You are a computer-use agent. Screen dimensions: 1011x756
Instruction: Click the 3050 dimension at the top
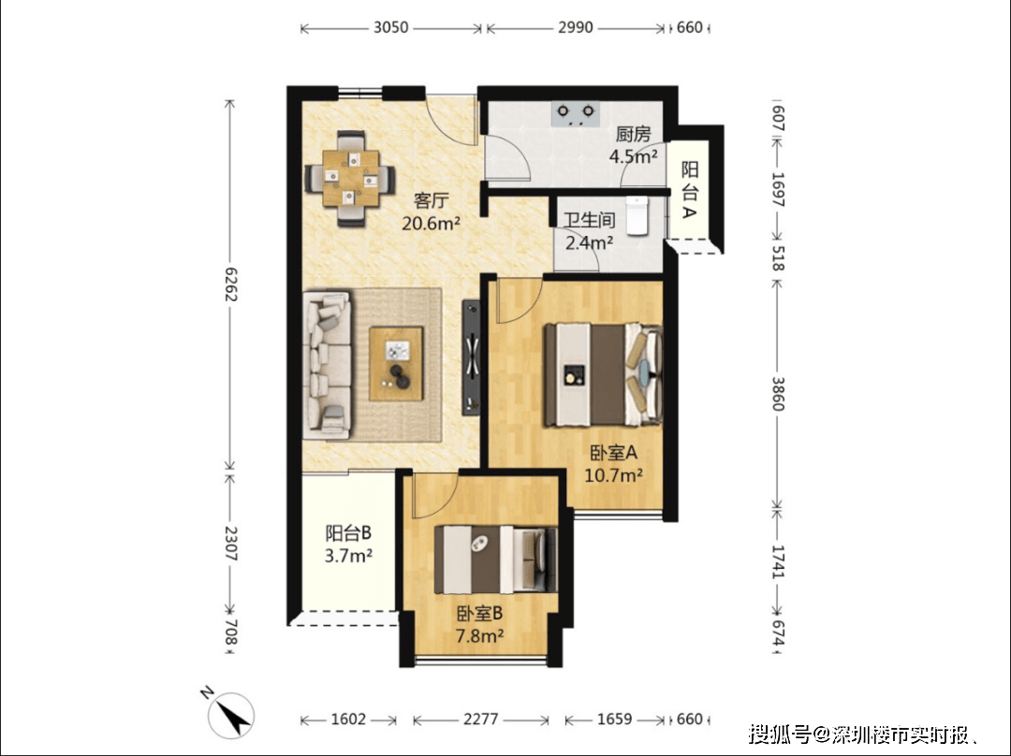tap(391, 28)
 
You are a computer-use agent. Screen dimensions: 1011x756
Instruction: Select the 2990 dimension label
tap(575, 28)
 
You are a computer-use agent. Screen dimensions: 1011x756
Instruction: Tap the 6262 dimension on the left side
tap(229, 284)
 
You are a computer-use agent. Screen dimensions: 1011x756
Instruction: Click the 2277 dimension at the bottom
tap(481, 719)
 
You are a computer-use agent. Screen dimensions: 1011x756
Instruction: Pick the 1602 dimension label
tap(348, 719)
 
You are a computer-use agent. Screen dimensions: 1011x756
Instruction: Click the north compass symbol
tap(229, 714)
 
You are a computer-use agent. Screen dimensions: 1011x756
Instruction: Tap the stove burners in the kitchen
tap(576, 113)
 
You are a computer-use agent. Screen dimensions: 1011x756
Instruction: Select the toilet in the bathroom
tap(637, 215)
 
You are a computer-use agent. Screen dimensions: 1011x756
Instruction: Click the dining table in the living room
tap(350, 178)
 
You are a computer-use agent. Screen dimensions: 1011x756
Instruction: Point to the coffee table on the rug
tap(396, 364)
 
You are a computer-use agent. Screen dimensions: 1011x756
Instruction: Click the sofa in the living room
tap(328, 365)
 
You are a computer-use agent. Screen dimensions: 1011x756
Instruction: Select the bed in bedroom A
tap(603, 375)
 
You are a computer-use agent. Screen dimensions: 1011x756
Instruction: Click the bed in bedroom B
tap(495, 560)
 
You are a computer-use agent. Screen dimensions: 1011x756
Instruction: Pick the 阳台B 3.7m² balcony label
tap(348, 544)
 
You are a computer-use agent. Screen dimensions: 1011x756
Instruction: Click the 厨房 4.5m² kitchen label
tap(633, 145)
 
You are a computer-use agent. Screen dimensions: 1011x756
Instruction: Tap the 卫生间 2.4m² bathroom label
tap(590, 231)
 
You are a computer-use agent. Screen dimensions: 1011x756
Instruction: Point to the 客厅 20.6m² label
tap(431, 211)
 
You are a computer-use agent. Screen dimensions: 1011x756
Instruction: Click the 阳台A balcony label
tap(690, 190)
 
